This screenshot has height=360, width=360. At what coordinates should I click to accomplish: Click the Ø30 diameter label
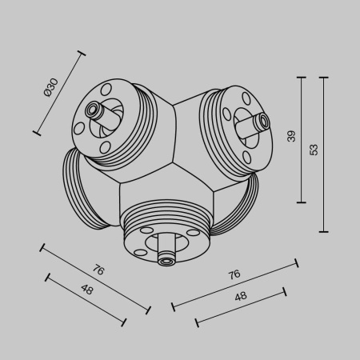click(x=51, y=87)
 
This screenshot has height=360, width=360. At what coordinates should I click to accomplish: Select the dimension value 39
click(x=291, y=136)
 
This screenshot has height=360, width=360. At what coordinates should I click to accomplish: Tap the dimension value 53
click(x=314, y=149)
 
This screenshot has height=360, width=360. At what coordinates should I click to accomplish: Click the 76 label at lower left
click(x=98, y=270)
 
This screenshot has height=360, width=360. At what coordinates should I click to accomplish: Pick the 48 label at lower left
click(x=86, y=290)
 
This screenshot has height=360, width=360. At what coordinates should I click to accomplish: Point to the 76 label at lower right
click(x=234, y=274)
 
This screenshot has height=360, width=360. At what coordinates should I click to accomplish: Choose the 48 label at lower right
click(x=240, y=296)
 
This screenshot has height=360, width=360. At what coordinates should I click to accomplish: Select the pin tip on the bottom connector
click(x=166, y=260)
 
